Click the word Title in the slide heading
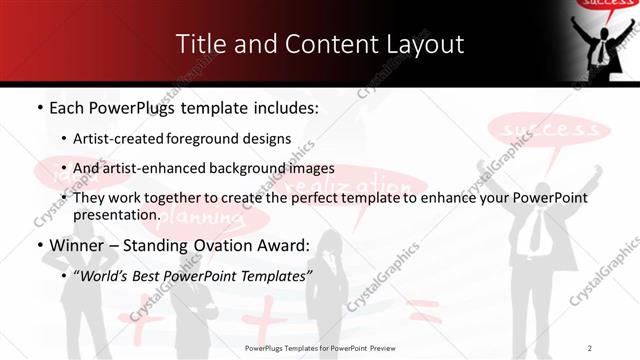(201, 45)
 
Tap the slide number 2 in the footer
(591, 347)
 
